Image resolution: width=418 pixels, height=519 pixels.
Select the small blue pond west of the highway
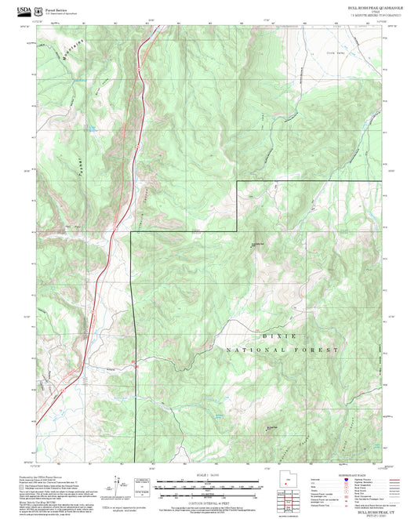click(93, 126)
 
